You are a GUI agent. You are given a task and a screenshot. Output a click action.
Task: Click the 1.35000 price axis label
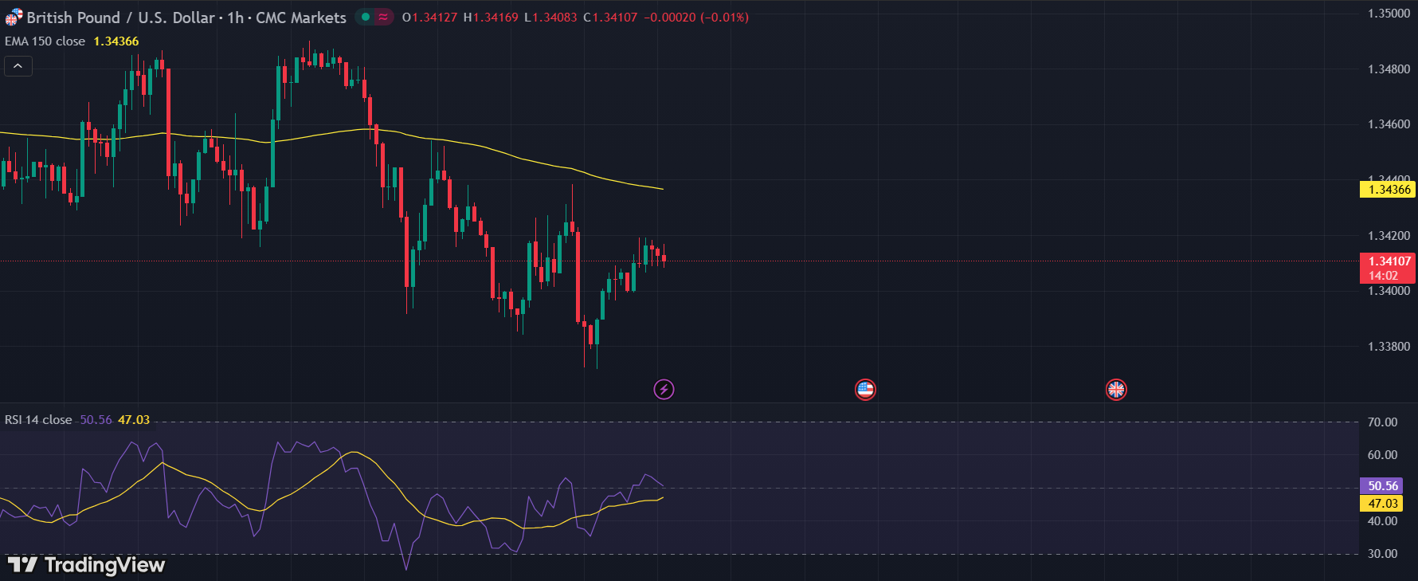pyautogui.click(x=1389, y=14)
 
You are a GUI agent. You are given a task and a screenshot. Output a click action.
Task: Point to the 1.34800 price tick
pyautogui.click(x=1389, y=69)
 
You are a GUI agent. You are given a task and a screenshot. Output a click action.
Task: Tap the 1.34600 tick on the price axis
pyautogui.click(x=1389, y=124)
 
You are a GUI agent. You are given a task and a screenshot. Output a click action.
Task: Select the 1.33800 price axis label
pyautogui.click(x=1389, y=347)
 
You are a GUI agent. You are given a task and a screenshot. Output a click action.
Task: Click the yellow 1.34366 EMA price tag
pyautogui.click(x=1389, y=190)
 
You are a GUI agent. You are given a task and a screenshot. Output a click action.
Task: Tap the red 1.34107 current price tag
pyautogui.click(x=1389, y=261)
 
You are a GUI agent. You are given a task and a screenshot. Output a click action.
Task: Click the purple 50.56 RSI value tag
pyautogui.click(x=1382, y=486)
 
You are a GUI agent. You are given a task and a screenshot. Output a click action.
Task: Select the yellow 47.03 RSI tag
pyautogui.click(x=1382, y=504)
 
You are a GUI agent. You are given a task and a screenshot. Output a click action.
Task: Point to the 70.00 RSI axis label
pyautogui.click(x=1382, y=422)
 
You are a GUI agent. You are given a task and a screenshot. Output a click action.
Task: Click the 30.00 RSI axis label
pyautogui.click(x=1382, y=554)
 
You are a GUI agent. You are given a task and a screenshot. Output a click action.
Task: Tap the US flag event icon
pyautogui.click(x=865, y=390)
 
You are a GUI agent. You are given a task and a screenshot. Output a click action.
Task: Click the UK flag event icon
pyautogui.click(x=1116, y=390)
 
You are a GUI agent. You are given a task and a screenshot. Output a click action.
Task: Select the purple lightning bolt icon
pyautogui.click(x=664, y=390)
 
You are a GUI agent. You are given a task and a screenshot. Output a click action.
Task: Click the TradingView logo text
pyautogui.click(x=104, y=565)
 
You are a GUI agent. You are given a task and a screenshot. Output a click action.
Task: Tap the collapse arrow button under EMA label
pyautogui.click(x=18, y=66)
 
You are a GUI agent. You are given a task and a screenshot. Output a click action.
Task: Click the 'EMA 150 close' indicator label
pyautogui.click(x=45, y=41)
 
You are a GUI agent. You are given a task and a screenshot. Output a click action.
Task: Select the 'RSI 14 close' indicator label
pyautogui.click(x=38, y=420)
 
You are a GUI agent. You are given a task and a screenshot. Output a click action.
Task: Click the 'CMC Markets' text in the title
pyautogui.click(x=300, y=18)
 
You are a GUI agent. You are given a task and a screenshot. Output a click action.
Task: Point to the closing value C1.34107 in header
pyautogui.click(x=610, y=18)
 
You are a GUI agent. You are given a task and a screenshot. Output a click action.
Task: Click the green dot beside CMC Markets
pyautogui.click(x=366, y=17)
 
